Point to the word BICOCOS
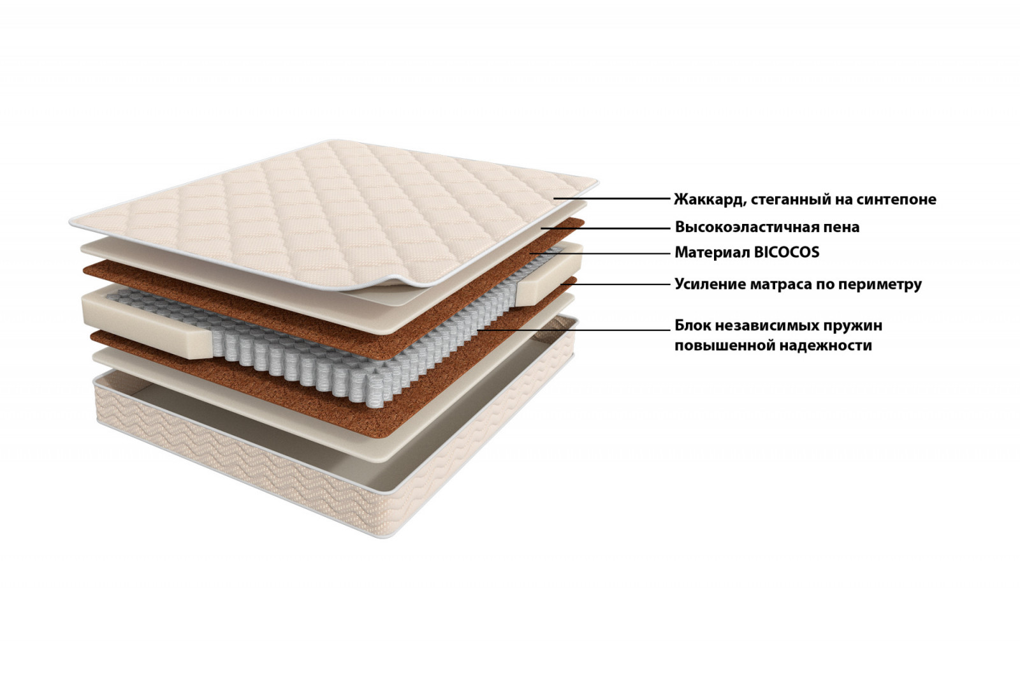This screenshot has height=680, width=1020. (x=787, y=253)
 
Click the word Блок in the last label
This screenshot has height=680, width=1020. (x=692, y=325)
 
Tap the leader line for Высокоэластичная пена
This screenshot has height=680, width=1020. (x=606, y=228)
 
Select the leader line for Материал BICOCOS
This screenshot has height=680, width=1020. (x=600, y=253)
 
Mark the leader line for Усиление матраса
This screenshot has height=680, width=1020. (x=616, y=285)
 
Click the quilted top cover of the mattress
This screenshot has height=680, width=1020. (x=332, y=214)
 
